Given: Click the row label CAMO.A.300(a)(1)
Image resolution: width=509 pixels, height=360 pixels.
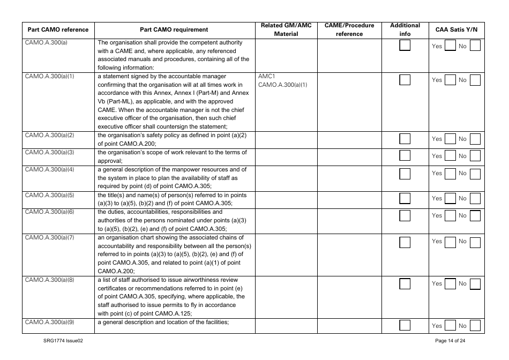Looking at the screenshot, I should coord(49,76).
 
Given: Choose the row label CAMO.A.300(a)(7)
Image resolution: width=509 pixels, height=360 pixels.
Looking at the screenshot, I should coord(49,237).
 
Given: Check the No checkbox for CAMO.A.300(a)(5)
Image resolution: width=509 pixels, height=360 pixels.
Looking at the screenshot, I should coord(475,199).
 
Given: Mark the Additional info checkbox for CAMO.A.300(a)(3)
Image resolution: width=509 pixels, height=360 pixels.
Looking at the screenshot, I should coord(405,156).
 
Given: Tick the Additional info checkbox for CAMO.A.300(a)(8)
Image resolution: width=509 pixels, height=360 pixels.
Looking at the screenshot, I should coord(405,283).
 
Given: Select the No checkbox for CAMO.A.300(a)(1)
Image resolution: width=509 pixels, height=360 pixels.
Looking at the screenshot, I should coord(475,80).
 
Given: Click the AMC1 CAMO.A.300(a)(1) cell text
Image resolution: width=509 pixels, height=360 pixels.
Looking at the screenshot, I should coord(282,80).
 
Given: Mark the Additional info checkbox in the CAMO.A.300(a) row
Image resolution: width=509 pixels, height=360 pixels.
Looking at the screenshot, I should coord(405,46).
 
